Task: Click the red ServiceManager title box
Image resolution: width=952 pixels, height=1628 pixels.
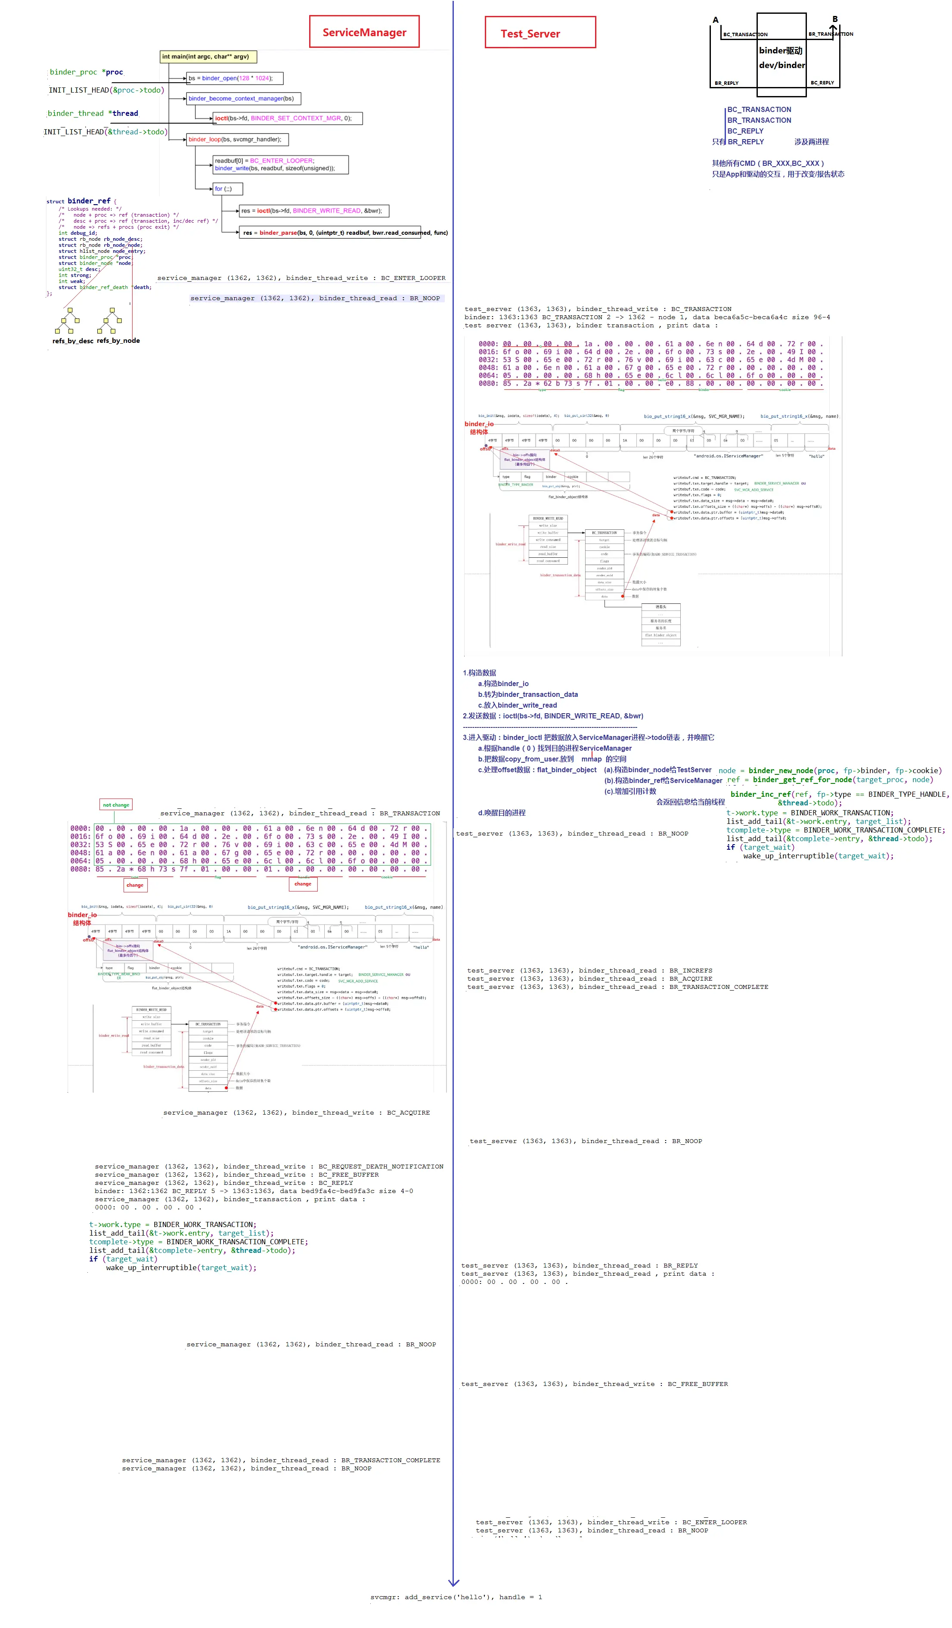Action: click(364, 32)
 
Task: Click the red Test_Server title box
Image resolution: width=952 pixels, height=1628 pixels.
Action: click(540, 33)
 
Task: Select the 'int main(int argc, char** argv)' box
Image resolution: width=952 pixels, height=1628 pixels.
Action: click(208, 57)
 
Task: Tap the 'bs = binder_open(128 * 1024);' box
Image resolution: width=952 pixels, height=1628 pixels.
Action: click(234, 78)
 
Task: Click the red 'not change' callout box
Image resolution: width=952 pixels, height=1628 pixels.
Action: click(116, 805)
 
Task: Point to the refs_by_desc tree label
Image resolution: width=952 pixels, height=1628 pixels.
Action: click(72, 341)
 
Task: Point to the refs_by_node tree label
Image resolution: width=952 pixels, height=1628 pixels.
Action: click(118, 341)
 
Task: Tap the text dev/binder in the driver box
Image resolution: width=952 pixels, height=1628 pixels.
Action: click(781, 65)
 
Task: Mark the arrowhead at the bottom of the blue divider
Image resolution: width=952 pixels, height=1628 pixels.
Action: click(453, 1582)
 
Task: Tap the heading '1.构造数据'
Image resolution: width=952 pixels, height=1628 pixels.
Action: click(479, 673)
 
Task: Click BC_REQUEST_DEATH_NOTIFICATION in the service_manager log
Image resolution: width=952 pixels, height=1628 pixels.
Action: click(381, 1167)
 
